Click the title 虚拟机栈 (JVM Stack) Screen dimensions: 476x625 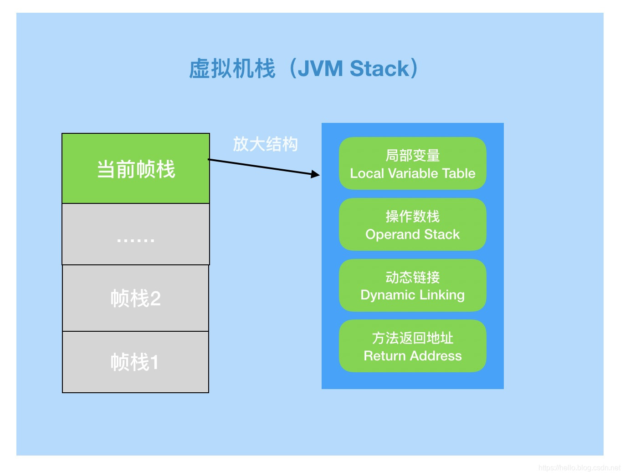pyautogui.click(x=303, y=69)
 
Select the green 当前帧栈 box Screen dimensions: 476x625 pyautogui.click(x=136, y=169)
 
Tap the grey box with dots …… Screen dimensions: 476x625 pyautogui.click(x=136, y=234)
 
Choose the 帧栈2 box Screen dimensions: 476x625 pyautogui.click(x=135, y=299)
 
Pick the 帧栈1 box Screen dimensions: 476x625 pyautogui.click(x=135, y=362)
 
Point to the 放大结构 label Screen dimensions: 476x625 pyautogui.click(x=265, y=144)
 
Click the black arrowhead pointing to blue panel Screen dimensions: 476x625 pyautogui.click(x=315, y=174)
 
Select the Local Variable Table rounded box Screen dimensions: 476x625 pyautogui.click(x=412, y=163)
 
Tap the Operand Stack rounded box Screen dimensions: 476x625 pyautogui.click(x=412, y=224)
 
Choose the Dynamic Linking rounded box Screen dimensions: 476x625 pyautogui.click(x=412, y=285)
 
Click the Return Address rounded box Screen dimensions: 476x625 pyautogui.click(x=412, y=346)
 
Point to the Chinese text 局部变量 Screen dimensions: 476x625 pyautogui.click(x=412, y=156)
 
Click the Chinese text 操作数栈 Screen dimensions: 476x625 pyautogui.click(x=412, y=216)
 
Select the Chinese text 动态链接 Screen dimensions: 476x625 pyautogui.click(x=412, y=277)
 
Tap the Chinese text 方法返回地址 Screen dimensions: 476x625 pyautogui.click(x=412, y=338)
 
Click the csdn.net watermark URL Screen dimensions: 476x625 pyautogui.click(x=579, y=467)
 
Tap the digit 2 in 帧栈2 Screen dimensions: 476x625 pyautogui.click(x=155, y=299)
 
